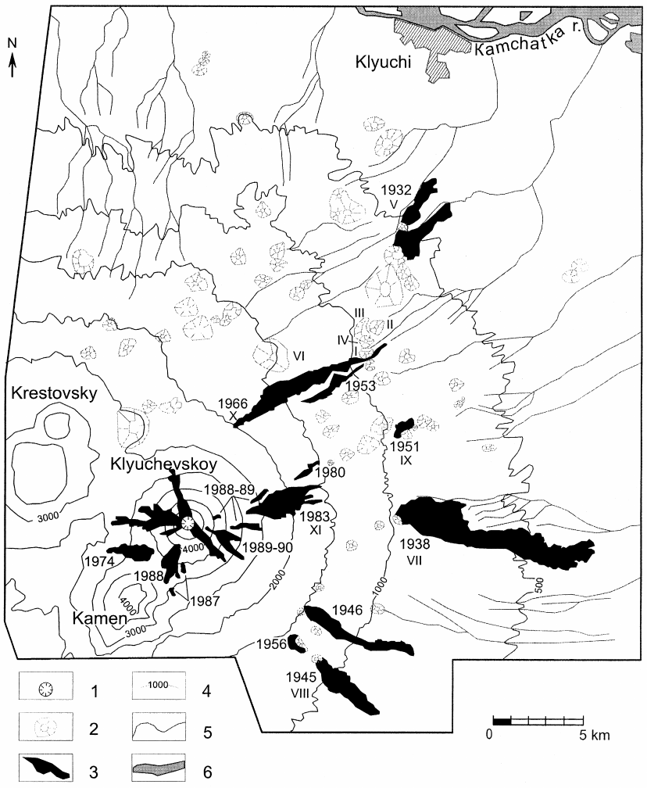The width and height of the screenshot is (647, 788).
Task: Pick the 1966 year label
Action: pos(233,403)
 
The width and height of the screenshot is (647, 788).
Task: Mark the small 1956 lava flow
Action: pos(296,643)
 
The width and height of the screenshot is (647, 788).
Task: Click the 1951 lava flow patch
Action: pos(404,427)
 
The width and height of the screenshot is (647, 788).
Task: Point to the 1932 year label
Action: pos(395,190)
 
